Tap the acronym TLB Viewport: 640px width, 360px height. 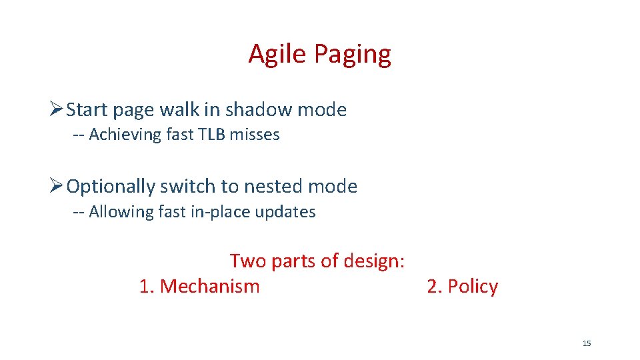pyautogui.click(x=211, y=135)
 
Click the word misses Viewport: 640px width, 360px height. pyautogui.click(x=255, y=135)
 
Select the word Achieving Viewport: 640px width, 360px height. pyautogui.click(x=125, y=135)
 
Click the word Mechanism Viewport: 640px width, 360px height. pyautogui.click(x=209, y=286)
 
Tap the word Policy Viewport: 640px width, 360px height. pyautogui.click(x=473, y=287)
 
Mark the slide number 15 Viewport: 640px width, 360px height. pyautogui.click(x=587, y=343)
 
